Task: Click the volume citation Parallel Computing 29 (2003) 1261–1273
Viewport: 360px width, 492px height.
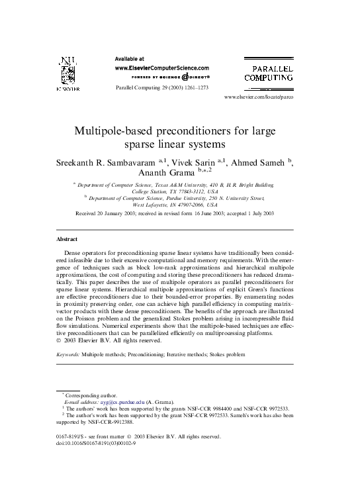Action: click(x=161, y=88)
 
